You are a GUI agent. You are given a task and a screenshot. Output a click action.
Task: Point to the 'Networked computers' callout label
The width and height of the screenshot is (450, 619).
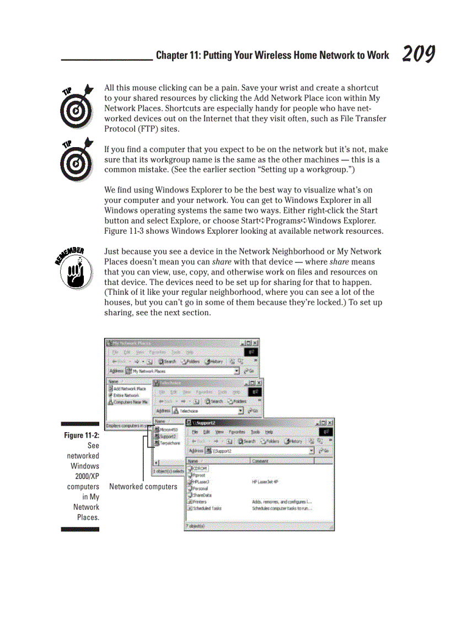coord(143,487)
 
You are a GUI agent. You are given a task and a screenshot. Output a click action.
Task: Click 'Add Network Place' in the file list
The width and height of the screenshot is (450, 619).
coord(130,389)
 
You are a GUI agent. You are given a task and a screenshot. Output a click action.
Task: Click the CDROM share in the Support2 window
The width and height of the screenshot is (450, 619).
coord(198,469)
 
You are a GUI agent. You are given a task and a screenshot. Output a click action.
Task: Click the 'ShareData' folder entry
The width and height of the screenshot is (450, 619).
coord(201,495)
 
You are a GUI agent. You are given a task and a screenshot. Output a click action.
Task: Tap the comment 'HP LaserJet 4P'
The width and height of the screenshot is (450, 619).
coord(265,481)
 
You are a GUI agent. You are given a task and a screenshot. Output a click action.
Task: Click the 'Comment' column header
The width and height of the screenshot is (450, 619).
coord(260,461)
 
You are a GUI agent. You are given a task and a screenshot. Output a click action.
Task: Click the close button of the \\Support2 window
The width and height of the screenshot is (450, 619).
coord(330,423)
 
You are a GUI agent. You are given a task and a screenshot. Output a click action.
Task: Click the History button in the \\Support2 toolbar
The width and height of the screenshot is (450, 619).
coord(292,442)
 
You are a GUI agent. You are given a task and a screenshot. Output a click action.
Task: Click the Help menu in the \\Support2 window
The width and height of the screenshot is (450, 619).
coord(269,432)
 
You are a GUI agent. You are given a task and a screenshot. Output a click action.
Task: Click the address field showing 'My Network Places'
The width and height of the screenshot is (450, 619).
coord(179,371)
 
